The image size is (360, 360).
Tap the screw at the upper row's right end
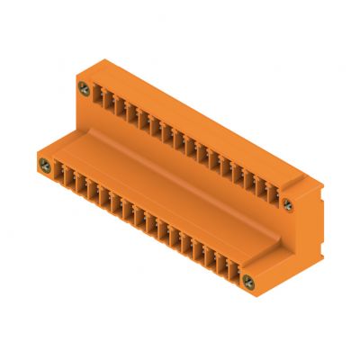[x=288, y=202]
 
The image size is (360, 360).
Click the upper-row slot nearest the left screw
[x=98, y=96]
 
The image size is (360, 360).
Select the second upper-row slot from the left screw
[x=109, y=102]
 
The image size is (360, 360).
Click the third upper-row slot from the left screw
[x=120, y=108]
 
